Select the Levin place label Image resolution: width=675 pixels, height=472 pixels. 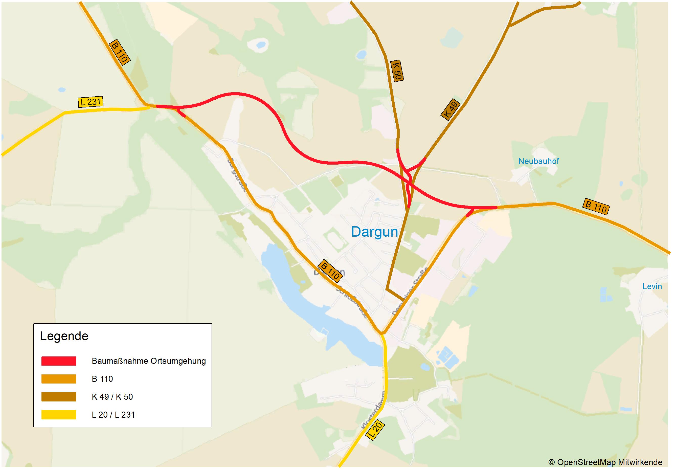tap(652, 286)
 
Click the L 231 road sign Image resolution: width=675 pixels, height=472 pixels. tap(91, 102)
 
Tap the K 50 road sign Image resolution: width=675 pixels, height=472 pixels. tap(397, 71)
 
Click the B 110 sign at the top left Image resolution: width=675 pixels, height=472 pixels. tap(119, 52)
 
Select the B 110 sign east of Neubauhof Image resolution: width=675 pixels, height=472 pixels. tap(596, 207)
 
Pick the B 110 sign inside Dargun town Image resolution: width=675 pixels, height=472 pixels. tap(330, 271)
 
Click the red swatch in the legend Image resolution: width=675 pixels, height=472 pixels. tap(59, 361)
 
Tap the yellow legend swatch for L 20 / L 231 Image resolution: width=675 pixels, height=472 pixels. tap(59, 415)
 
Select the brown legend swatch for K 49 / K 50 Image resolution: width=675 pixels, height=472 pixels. tap(59, 397)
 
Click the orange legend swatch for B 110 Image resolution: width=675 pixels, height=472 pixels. tap(59, 379)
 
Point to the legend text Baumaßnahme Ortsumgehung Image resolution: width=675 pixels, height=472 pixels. tap(149, 361)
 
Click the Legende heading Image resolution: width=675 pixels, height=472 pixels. tap(64, 336)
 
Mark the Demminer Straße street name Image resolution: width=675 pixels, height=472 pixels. tap(410, 291)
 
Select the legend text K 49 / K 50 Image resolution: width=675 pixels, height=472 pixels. tap(112, 397)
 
